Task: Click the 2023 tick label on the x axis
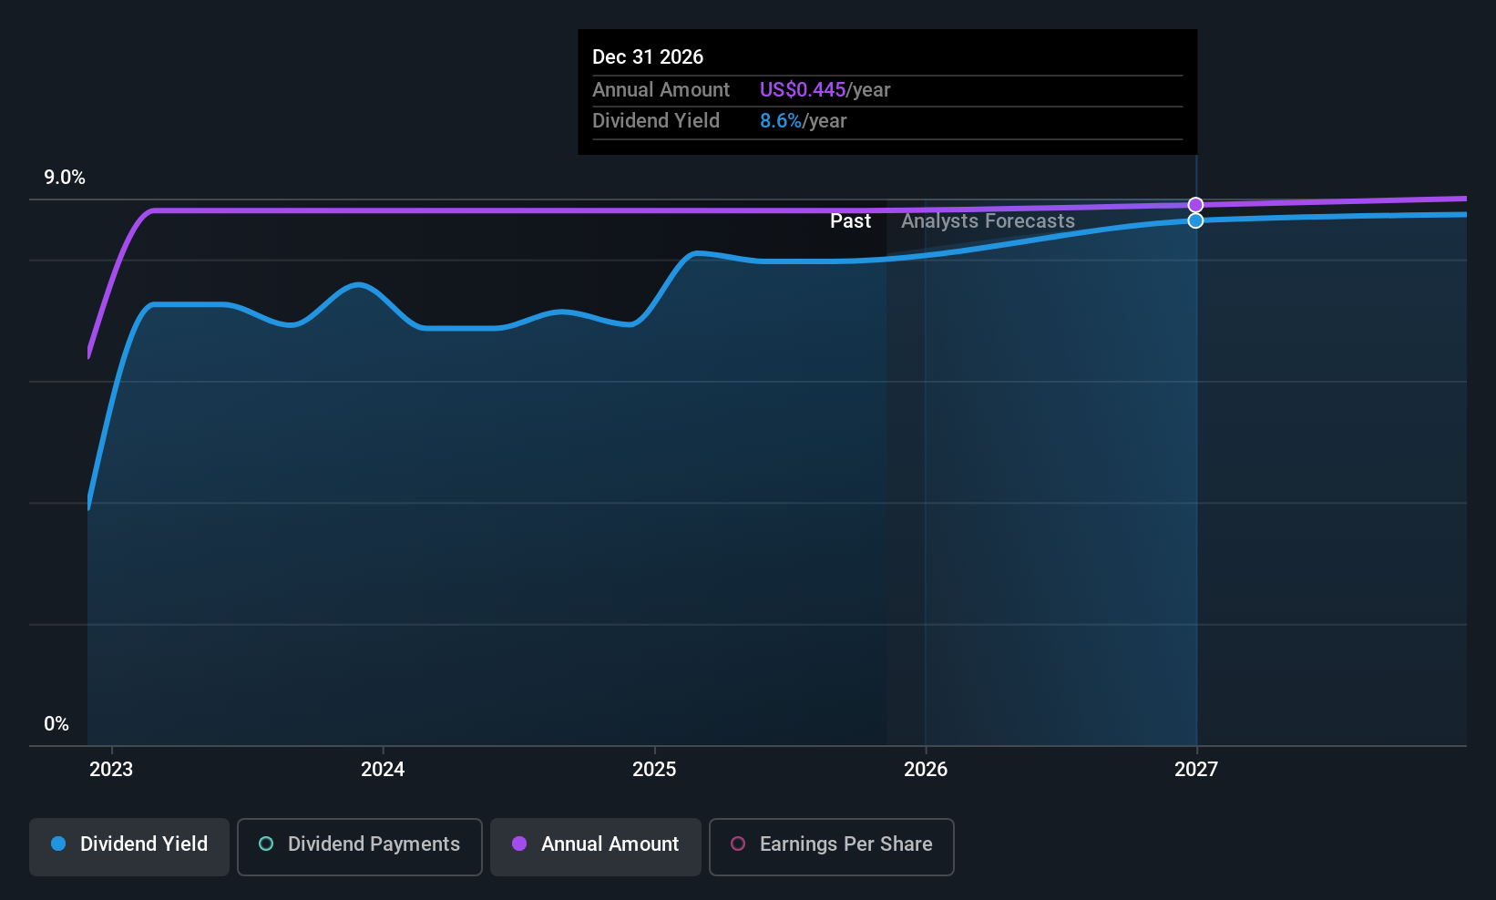click(x=111, y=770)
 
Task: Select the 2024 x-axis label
click(x=383, y=770)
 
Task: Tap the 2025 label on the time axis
click(x=654, y=770)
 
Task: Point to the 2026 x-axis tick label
click(x=926, y=770)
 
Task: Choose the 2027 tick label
click(x=1196, y=770)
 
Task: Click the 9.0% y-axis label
click(x=65, y=178)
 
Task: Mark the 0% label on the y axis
click(x=56, y=724)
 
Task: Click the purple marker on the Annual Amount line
click(x=1195, y=205)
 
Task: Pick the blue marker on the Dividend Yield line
click(x=1195, y=220)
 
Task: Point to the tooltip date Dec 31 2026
click(x=648, y=57)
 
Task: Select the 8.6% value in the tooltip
click(x=781, y=121)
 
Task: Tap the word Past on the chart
click(x=850, y=221)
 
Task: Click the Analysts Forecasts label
click(x=988, y=221)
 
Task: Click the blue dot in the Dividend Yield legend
click(x=58, y=844)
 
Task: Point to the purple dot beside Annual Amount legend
click(x=519, y=844)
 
